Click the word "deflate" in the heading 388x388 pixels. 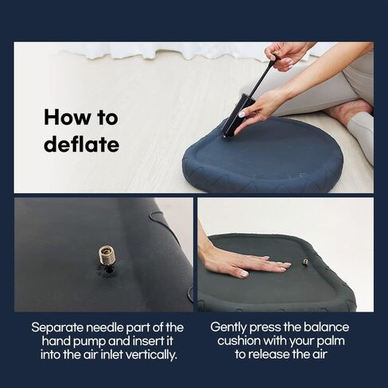point(82,144)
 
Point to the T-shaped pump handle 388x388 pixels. point(275,57)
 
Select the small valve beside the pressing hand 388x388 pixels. point(305,262)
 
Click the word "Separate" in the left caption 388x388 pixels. point(57,328)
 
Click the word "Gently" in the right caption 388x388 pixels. point(228,328)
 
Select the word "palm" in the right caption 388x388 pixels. point(332,341)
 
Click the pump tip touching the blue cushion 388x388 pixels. point(226,137)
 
